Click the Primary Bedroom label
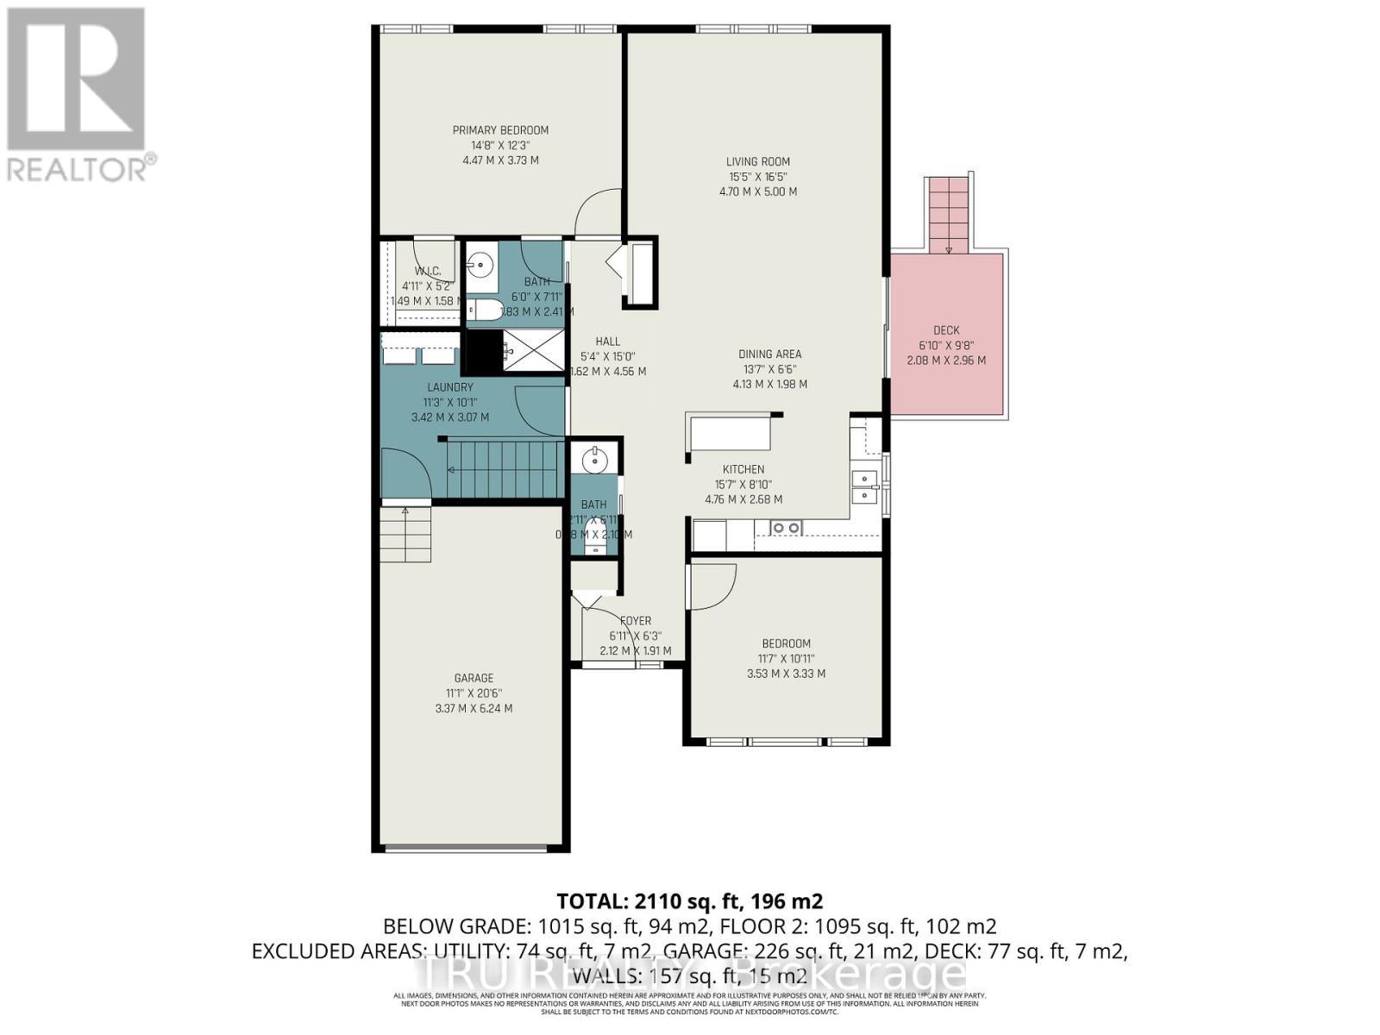coord(500,130)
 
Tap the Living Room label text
coord(757,161)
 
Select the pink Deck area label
coord(946,330)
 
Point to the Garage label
coord(474,678)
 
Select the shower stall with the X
coord(534,350)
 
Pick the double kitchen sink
coord(863,487)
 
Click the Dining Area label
coord(769,354)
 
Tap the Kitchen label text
coord(743,469)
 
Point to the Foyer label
coord(636,620)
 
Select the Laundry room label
coord(449,387)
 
